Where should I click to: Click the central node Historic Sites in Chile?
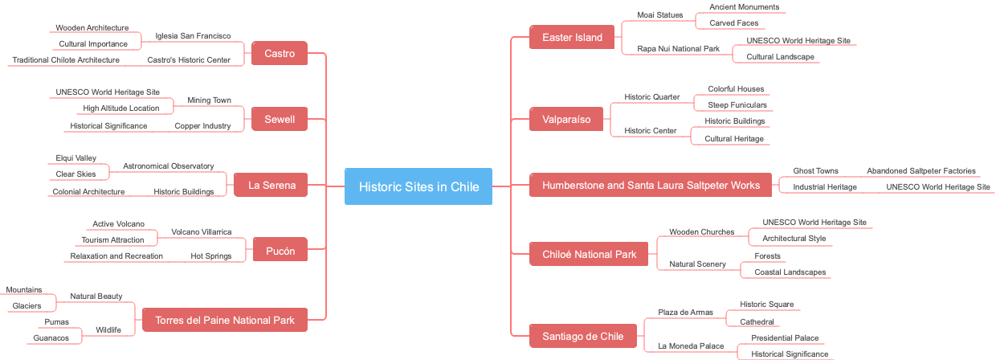tap(418, 186)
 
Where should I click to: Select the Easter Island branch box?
tap(572, 37)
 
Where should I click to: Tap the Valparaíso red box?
tap(566, 119)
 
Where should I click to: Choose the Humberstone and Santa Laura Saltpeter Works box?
tap(651, 185)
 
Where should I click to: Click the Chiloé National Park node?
tap(589, 254)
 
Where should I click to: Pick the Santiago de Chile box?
tap(583, 336)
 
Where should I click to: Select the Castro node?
tap(280, 54)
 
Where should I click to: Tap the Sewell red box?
tap(280, 120)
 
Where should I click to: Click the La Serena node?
tap(271, 185)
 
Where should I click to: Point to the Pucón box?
tap(280, 251)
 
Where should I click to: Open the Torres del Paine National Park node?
tap(224, 320)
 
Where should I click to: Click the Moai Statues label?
tap(659, 14)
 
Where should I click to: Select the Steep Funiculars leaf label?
tap(737, 104)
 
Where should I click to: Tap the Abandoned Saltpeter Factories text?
tap(920, 170)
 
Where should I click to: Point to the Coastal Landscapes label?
tap(790, 272)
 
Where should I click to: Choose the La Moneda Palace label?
tap(690, 346)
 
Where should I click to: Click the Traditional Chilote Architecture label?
tap(66, 59)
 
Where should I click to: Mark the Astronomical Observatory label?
tap(168, 166)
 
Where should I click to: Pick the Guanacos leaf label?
tap(51, 337)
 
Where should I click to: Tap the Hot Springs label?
tap(210, 256)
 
